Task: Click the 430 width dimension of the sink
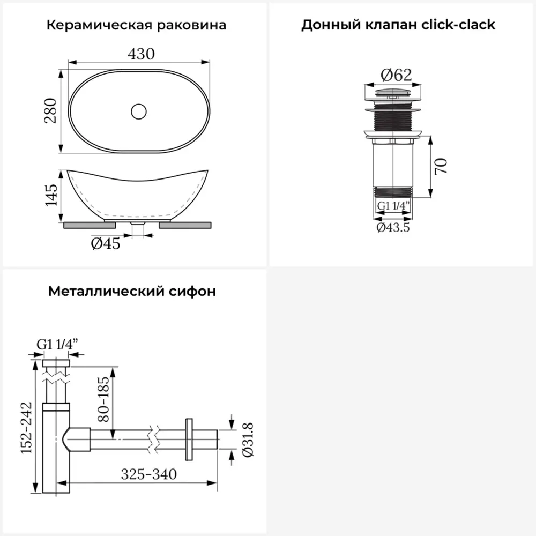pos(142,54)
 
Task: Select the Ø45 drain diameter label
pos(106,243)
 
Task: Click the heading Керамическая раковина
pos(136,25)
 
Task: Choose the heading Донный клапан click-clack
pos(398,25)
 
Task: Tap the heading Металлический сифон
pos(132,292)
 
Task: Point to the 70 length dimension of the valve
pos(441,167)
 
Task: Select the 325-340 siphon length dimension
pos(148,474)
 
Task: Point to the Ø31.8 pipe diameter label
pos(248,439)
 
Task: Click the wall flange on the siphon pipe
pos(188,439)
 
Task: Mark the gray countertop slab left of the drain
pos(84,225)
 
